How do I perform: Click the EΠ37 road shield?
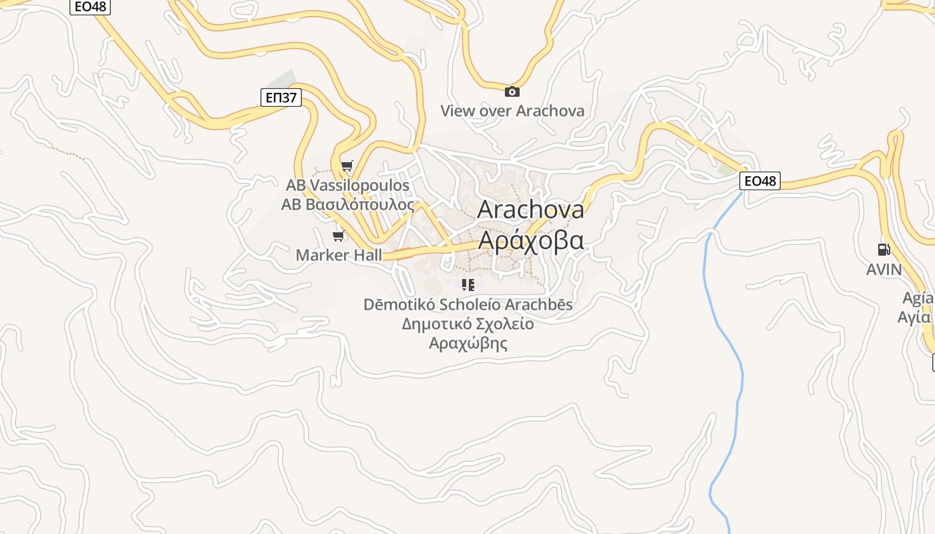pyautogui.click(x=280, y=98)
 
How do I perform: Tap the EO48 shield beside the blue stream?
pyautogui.click(x=760, y=181)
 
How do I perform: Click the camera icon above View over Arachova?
pyautogui.click(x=512, y=92)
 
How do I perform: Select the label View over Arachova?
pyautogui.click(x=512, y=111)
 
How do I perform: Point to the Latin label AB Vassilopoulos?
pyautogui.click(x=347, y=185)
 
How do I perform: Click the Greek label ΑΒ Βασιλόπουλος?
pyautogui.click(x=347, y=204)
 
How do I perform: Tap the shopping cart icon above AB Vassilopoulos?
pyautogui.click(x=347, y=166)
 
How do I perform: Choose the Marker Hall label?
pyautogui.click(x=339, y=255)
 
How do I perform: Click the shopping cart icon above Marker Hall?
pyautogui.click(x=339, y=236)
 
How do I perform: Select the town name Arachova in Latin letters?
pyautogui.click(x=531, y=210)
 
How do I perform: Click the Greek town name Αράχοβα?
pyautogui.click(x=532, y=239)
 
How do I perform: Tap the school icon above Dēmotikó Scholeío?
pyautogui.click(x=468, y=286)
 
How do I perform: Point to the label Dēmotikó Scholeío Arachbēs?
pyautogui.click(x=467, y=304)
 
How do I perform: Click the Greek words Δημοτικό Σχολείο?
pyautogui.click(x=467, y=324)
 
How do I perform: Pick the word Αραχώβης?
pyautogui.click(x=467, y=344)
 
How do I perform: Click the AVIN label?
pyautogui.click(x=884, y=270)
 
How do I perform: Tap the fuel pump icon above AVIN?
pyautogui.click(x=884, y=250)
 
